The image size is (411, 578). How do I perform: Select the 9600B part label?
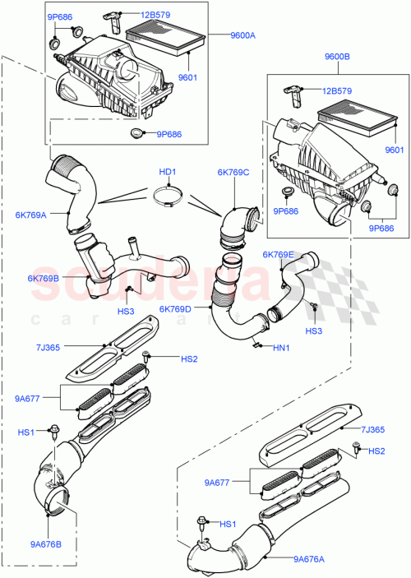coord(338,58)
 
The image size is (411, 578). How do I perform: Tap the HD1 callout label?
coord(168,172)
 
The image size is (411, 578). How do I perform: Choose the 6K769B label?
coord(43,279)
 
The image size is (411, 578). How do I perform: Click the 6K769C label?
coord(234,173)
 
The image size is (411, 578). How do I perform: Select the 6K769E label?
coord(278,255)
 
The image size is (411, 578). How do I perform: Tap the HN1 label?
coord(281,349)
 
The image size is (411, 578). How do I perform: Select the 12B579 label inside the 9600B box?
coord(338,91)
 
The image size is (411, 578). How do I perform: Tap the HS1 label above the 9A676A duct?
coord(227,524)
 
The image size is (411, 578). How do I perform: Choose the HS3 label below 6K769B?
coord(126,312)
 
